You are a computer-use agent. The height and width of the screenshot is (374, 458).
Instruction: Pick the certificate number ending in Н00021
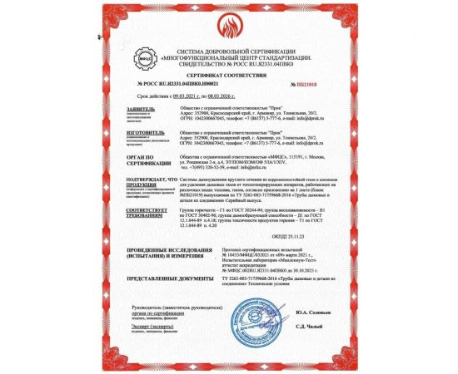tap(170, 84)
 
